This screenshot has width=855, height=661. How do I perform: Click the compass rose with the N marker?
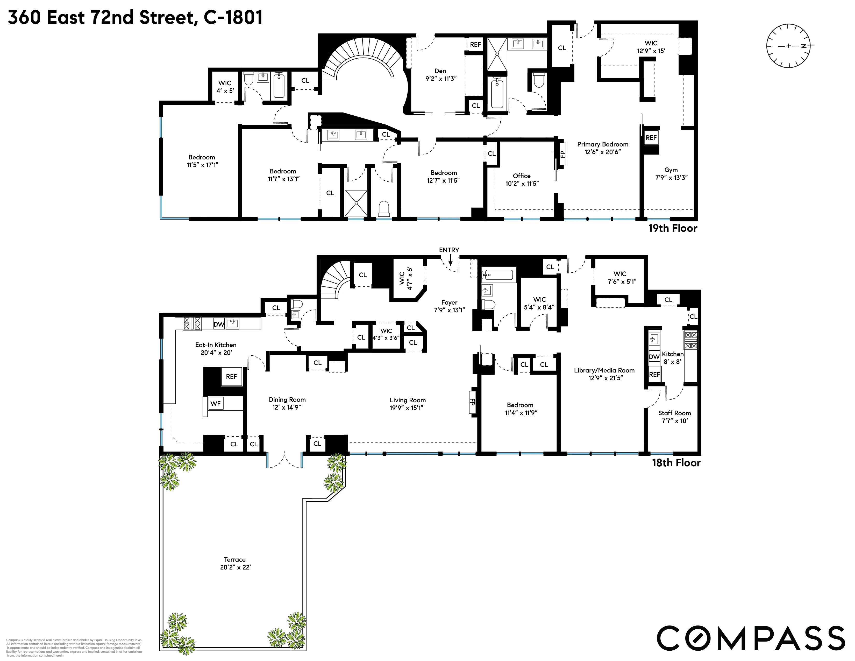(x=788, y=46)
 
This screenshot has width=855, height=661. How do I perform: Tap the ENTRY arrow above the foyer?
(x=450, y=259)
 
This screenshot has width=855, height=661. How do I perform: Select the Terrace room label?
(x=235, y=560)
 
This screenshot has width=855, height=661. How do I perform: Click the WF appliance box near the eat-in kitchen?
(x=216, y=403)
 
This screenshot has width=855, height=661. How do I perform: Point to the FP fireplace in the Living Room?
(x=473, y=402)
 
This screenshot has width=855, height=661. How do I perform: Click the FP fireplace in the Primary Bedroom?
(x=562, y=154)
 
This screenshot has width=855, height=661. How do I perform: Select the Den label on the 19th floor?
(x=440, y=71)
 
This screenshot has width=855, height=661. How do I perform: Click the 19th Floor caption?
(x=673, y=228)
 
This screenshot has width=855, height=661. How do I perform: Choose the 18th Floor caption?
(x=676, y=463)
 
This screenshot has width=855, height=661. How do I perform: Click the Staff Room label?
(x=674, y=413)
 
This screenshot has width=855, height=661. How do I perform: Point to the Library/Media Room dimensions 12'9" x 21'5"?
(x=606, y=378)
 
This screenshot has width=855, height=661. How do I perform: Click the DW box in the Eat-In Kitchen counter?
(x=219, y=324)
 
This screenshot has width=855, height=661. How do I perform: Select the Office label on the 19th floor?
(x=522, y=176)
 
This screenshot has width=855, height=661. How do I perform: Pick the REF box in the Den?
(x=475, y=45)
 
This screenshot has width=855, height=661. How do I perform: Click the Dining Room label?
(x=287, y=399)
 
